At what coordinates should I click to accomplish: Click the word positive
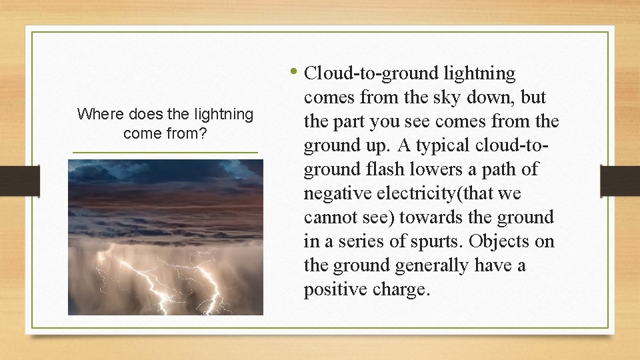coord(334,289)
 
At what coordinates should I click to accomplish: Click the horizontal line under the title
coord(165,153)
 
